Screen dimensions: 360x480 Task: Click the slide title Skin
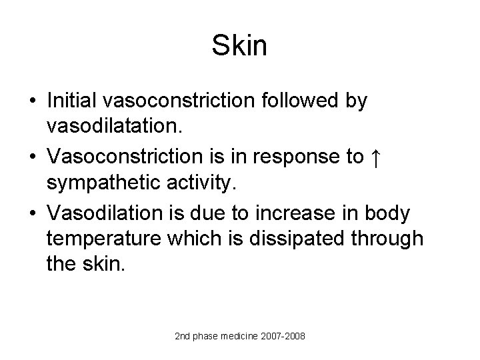[240, 45]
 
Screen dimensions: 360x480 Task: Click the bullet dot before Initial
[32, 101]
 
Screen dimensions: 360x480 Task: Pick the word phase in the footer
[201, 337]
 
